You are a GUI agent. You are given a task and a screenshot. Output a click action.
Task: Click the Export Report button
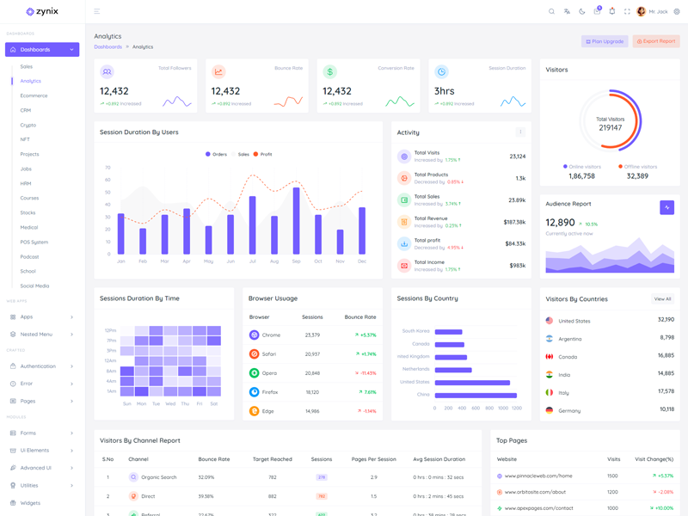click(656, 41)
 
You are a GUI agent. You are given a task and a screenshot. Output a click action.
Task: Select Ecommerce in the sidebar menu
click(34, 95)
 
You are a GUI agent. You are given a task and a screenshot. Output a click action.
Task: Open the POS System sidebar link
click(34, 243)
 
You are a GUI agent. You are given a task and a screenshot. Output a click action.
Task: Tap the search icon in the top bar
click(552, 12)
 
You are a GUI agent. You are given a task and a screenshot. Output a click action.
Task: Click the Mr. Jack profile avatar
click(642, 12)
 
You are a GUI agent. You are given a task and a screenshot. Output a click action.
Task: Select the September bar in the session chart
click(296, 220)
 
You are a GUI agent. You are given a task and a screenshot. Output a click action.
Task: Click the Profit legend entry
click(262, 155)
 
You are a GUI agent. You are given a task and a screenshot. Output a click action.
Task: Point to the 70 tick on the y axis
click(107, 168)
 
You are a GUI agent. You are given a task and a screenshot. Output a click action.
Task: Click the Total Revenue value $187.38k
click(514, 222)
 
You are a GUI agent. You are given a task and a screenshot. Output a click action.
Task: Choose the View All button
click(662, 299)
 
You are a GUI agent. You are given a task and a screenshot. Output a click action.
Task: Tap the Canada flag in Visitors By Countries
click(550, 356)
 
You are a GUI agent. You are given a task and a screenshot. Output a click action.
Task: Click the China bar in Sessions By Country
click(476, 395)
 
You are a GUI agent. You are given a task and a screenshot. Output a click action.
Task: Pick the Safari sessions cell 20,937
click(312, 354)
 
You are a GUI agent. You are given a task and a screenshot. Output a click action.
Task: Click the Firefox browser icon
click(254, 392)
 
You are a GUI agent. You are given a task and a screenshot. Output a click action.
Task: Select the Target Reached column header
click(272, 459)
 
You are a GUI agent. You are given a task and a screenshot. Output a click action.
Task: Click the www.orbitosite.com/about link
click(535, 493)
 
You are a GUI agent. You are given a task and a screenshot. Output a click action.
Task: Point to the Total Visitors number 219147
click(610, 128)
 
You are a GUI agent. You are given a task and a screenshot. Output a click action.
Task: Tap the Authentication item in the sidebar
click(38, 366)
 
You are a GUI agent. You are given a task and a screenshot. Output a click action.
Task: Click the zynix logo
click(42, 12)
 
